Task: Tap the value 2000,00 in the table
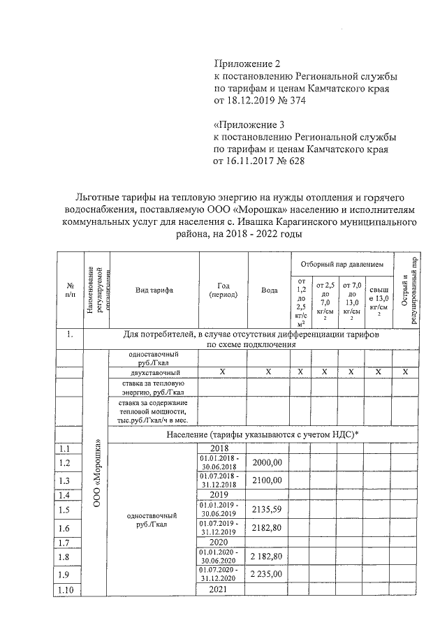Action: point(268,462)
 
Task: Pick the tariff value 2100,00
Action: point(268,480)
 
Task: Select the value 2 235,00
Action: point(268,573)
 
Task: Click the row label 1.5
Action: point(66,510)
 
